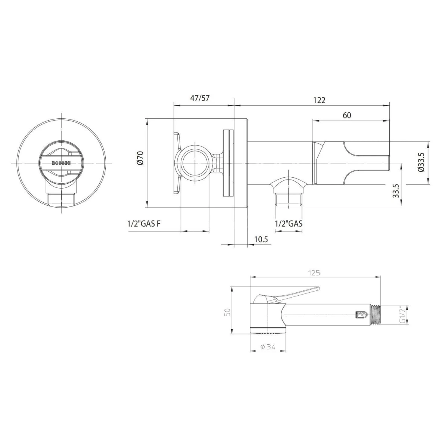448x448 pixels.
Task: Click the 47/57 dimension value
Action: tap(200, 98)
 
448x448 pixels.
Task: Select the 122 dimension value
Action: tap(319, 100)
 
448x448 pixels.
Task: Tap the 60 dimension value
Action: tap(347, 115)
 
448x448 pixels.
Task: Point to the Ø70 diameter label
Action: tap(141, 158)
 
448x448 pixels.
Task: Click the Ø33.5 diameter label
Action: tap(421, 162)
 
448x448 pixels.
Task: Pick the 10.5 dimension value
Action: tap(261, 239)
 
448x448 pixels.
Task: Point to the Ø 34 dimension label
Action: tap(268, 353)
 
